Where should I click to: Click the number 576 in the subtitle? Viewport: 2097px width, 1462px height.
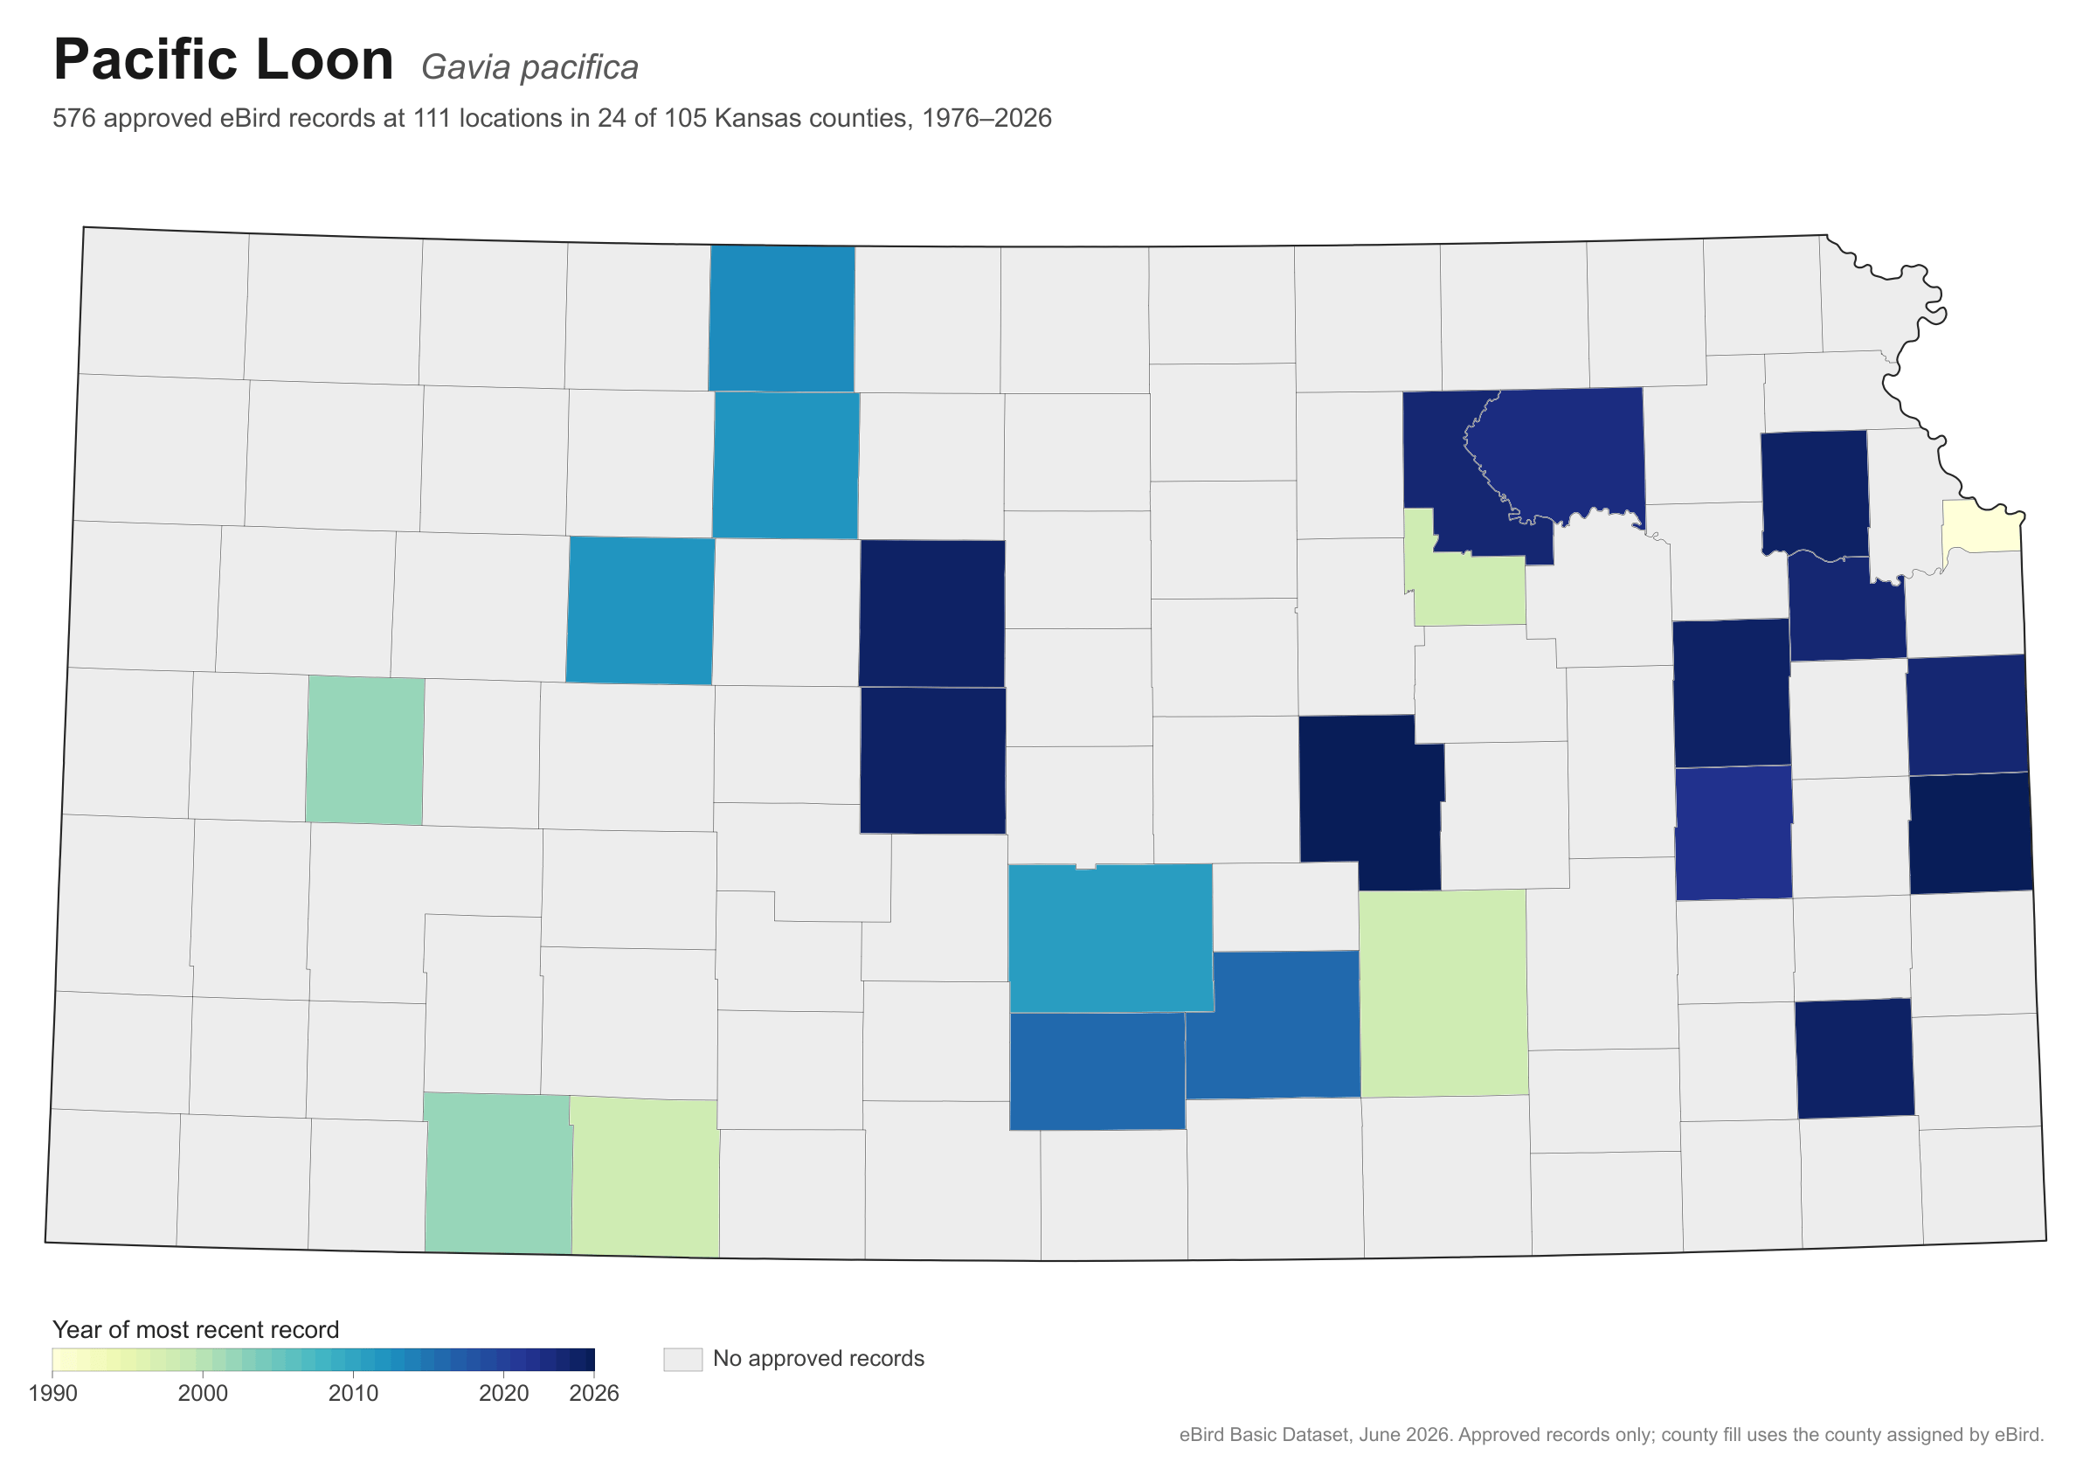tap(74, 118)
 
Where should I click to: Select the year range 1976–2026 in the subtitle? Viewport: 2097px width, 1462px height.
tap(986, 118)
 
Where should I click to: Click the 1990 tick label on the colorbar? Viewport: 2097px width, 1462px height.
tap(53, 1394)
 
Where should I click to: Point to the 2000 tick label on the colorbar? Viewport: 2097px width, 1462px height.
tap(203, 1394)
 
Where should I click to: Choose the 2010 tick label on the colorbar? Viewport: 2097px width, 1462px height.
tap(354, 1394)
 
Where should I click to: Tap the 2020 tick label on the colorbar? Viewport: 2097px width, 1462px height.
tap(504, 1394)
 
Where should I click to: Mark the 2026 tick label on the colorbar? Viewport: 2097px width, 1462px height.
tap(594, 1394)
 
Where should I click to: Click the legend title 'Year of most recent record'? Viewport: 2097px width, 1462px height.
tap(196, 1329)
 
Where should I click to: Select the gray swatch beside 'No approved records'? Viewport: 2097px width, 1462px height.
tap(683, 1359)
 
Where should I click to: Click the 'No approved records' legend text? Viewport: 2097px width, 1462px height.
tap(819, 1359)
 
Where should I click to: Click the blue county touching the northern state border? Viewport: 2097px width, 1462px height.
tap(782, 319)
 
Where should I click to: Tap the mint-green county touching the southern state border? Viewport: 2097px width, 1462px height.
tap(498, 1173)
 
